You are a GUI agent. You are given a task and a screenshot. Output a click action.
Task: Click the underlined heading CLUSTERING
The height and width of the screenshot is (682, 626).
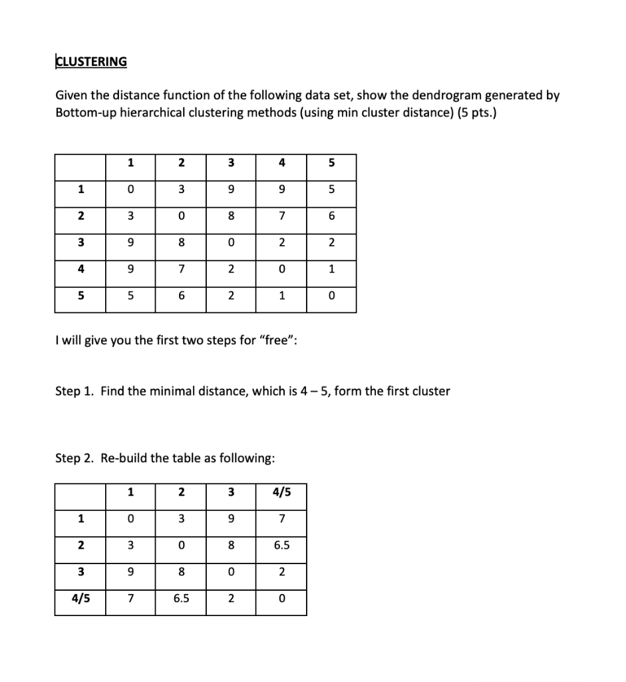click(x=90, y=62)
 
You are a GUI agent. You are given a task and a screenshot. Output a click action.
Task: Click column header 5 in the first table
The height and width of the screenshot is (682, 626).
click(x=331, y=163)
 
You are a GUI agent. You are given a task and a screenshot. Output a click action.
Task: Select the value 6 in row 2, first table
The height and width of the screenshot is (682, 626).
click(x=331, y=216)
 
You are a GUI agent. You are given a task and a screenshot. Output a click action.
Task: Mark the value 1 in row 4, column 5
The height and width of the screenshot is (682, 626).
click(x=331, y=268)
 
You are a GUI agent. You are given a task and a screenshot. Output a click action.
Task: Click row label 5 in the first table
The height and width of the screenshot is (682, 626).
click(x=80, y=295)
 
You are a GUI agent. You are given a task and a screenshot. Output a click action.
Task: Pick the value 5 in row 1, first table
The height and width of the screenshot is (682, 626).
click(x=331, y=189)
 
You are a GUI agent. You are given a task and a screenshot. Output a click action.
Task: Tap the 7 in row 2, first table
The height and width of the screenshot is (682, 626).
click(x=281, y=216)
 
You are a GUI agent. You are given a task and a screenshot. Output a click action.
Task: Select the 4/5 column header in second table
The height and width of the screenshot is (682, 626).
click(x=281, y=493)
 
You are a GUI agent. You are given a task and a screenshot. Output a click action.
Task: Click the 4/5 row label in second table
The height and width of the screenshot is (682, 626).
click(x=80, y=598)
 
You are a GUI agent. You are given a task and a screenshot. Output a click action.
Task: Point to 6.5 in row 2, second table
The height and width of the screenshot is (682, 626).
click(x=281, y=545)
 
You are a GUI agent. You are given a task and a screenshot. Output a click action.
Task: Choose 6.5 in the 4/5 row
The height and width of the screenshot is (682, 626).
click(x=181, y=598)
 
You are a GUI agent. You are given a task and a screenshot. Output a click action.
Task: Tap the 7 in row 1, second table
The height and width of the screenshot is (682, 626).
click(x=281, y=519)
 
